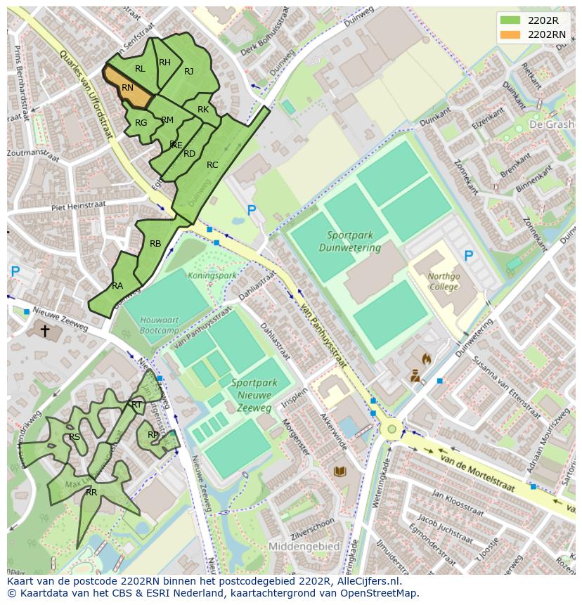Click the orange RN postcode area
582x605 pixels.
click(128, 89)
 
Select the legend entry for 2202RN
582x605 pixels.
click(546, 34)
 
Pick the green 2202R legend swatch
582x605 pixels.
click(510, 20)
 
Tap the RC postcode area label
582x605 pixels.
click(212, 165)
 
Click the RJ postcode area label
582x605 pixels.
click(188, 71)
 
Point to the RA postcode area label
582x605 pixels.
click(117, 286)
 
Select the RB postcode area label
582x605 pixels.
click(155, 244)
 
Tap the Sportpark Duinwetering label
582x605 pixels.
click(349, 242)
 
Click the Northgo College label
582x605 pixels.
click(444, 282)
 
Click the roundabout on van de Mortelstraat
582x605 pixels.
click(392, 429)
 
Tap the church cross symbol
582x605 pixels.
click(45, 330)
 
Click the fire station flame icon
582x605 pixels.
click(426, 358)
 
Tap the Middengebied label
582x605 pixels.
click(304, 546)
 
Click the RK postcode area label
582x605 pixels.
click(203, 110)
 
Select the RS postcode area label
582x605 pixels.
click(75, 437)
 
